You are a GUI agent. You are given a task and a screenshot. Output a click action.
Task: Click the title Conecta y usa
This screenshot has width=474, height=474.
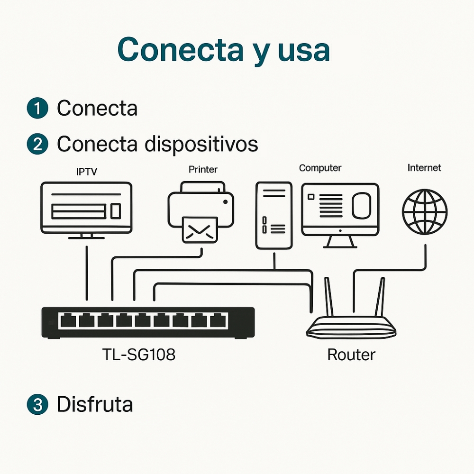click(x=223, y=50)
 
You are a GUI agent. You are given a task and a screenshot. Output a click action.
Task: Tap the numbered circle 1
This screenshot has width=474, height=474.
click(x=37, y=108)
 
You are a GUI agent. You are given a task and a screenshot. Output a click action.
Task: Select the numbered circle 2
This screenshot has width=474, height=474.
click(x=37, y=144)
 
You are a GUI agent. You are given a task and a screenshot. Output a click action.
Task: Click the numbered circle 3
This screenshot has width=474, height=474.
click(x=37, y=405)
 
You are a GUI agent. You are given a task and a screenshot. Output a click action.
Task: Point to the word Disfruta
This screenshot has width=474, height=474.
click(x=94, y=404)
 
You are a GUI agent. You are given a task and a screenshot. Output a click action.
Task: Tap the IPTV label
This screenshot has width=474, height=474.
click(x=86, y=172)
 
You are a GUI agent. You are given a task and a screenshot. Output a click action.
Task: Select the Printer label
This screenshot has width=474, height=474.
click(x=203, y=169)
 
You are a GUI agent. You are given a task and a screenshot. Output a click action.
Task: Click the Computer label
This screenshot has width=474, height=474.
click(x=320, y=168)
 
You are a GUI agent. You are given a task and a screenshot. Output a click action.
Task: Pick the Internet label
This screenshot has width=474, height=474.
click(x=424, y=168)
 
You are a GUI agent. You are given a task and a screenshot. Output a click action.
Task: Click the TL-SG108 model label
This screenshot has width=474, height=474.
click(x=138, y=354)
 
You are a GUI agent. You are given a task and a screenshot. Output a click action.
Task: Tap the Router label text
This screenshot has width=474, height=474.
click(x=351, y=355)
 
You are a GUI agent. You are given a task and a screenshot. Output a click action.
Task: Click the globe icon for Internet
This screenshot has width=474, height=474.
click(x=425, y=211)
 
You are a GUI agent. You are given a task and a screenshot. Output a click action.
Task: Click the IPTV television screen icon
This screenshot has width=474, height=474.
click(x=86, y=208)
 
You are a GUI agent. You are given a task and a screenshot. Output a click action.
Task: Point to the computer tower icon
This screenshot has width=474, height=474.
click(x=273, y=216)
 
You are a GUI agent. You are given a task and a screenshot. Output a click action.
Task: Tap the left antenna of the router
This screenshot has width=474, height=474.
click(x=328, y=296)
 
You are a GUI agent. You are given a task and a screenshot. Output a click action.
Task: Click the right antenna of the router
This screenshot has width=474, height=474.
click(x=380, y=296)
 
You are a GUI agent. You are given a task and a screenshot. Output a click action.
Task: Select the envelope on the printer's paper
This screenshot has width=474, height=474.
click(x=199, y=230)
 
